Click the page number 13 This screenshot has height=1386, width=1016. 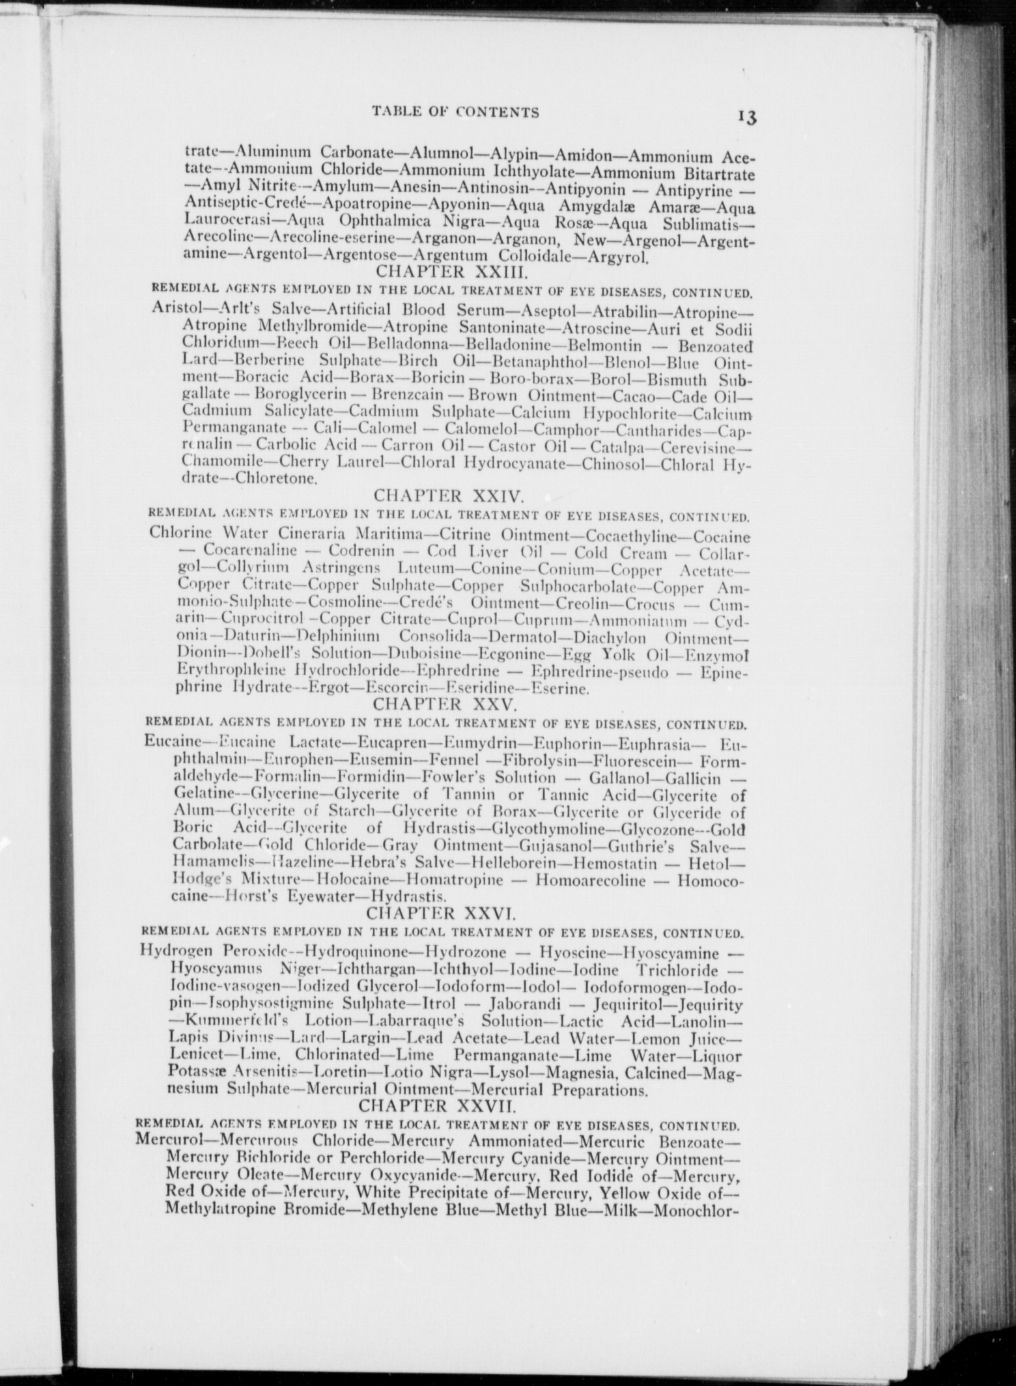[x=746, y=117]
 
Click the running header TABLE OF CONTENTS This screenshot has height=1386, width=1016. [x=455, y=113]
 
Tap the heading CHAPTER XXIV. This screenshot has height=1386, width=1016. [x=450, y=498]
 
